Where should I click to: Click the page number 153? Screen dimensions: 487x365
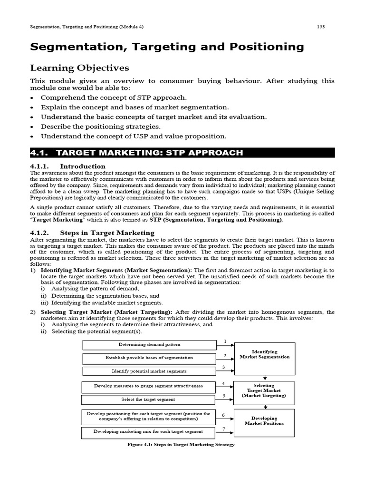321,27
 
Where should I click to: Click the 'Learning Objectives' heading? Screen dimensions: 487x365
79,68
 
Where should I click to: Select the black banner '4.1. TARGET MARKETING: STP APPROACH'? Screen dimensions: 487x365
182,153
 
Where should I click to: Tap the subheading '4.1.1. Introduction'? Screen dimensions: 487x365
68,166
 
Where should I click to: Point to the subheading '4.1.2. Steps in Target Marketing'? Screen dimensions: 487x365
92,233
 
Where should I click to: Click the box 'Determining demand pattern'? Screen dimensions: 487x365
149,344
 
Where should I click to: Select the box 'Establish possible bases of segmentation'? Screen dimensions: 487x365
149,358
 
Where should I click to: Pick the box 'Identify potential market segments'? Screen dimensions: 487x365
149,371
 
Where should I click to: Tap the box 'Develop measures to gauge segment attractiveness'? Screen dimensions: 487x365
148,386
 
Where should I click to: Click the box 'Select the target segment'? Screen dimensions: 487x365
148,399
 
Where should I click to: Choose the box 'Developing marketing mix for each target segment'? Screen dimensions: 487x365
148,432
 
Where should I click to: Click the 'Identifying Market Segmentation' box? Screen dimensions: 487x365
265,354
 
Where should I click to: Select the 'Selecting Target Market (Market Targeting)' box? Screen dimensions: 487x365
264,391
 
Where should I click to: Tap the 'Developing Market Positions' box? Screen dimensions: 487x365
264,421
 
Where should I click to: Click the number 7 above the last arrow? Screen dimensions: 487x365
223,429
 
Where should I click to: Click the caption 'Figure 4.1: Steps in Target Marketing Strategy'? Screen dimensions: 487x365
181,445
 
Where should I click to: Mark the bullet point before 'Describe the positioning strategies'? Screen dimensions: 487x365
32,127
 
